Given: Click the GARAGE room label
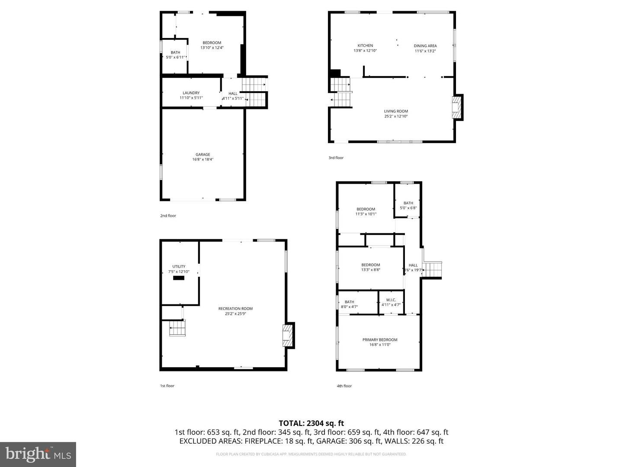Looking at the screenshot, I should pyautogui.click(x=202, y=154).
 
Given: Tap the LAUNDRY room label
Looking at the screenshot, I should pyautogui.click(x=191, y=93).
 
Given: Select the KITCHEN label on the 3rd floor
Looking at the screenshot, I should pyautogui.click(x=365, y=45).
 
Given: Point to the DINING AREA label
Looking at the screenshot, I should pyautogui.click(x=425, y=45).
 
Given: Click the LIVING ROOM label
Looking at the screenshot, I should pyautogui.click(x=396, y=111).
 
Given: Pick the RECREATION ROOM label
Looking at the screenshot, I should pyautogui.click(x=235, y=308).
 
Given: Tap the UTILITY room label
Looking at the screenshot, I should pyautogui.click(x=179, y=266).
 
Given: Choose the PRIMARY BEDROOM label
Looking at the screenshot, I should pyautogui.click(x=380, y=339).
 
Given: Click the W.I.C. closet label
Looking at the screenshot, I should pyautogui.click(x=391, y=300).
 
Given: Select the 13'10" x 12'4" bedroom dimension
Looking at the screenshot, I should pyautogui.click(x=212, y=48).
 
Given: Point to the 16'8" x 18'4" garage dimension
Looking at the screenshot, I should pyautogui.click(x=202, y=160).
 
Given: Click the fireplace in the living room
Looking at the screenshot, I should pyautogui.click(x=456, y=107).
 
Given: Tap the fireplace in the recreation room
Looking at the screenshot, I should pyautogui.click(x=287, y=335).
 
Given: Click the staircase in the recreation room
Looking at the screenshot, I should pyautogui.click(x=177, y=328).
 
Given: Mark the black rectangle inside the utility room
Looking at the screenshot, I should pyautogui.click(x=179, y=278).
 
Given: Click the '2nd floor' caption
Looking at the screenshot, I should pyautogui.click(x=168, y=216).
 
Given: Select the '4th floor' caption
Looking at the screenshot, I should pyautogui.click(x=344, y=386).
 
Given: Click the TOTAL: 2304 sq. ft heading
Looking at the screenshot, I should pyautogui.click(x=311, y=423).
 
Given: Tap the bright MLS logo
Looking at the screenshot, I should pyautogui.click(x=38, y=454).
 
